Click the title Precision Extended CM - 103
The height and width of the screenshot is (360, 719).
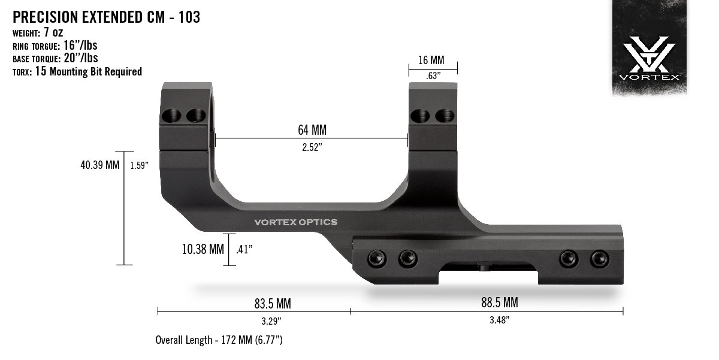[x=106, y=17]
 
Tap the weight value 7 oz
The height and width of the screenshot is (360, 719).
[x=53, y=32]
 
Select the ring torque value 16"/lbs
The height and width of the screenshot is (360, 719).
[x=80, y=46]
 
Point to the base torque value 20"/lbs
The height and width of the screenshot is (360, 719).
[x=81, y=58]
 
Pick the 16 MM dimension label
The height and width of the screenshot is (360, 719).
[x=431, y=60]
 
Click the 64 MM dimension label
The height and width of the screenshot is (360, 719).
[x=312, y=130]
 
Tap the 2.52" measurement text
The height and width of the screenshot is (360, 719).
[x=312, y=147]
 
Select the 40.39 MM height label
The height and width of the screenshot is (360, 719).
[x=100, y=165]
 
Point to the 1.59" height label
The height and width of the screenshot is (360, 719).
[x=139, y=165]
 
